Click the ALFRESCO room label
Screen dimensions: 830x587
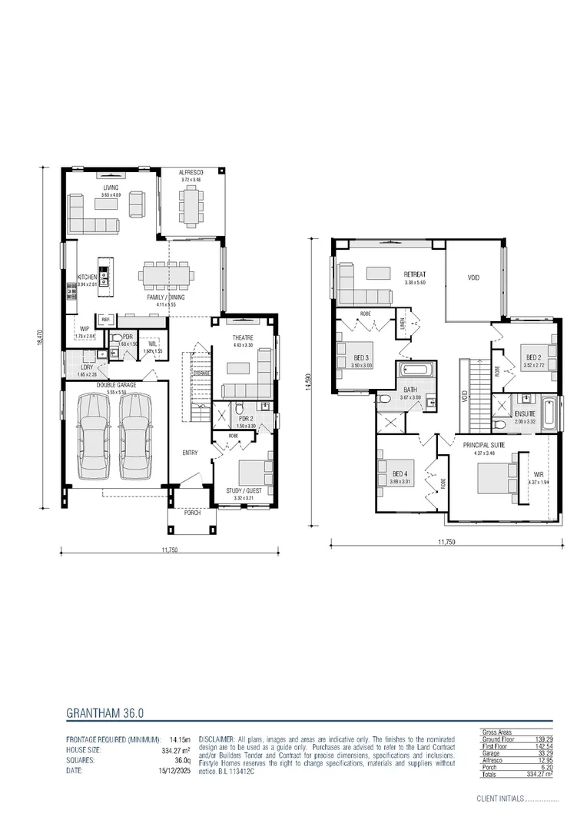[x=190, y=172]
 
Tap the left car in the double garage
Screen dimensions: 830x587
[x=89, y=434]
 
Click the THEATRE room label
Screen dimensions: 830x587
[x=242, y=337]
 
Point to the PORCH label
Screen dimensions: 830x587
[x=192, y=513]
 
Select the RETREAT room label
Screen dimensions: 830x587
[x=415, y=274]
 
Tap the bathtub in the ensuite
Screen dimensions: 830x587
[x=549, y=413]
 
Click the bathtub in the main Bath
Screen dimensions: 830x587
[x=415, y=372]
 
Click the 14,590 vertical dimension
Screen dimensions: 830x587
[x=309, y=382]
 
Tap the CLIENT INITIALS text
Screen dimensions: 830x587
[x=499, y=798]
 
